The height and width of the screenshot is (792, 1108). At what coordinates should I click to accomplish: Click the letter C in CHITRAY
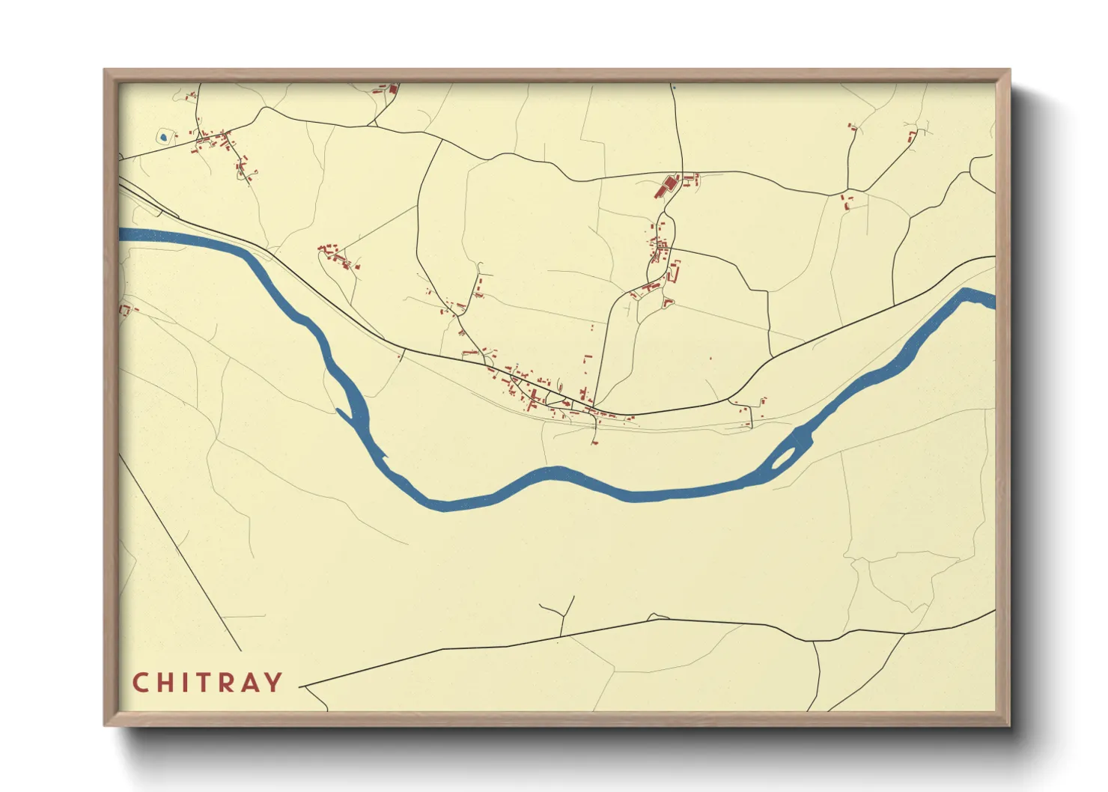click(x=141, y=683)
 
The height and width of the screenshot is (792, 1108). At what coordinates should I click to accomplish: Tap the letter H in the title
click(x=166, y=683)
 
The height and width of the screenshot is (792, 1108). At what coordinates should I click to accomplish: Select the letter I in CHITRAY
click(x=185, y=683)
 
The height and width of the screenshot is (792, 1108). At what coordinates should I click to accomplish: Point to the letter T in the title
click(x=204, y=683)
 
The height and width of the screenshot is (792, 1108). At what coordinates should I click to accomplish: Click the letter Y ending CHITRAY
click(x=273, y=683)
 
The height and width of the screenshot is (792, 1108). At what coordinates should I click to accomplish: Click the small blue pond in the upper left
click(x=163, y=138)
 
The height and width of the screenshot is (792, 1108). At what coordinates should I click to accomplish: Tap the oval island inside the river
click(x=785, y=457)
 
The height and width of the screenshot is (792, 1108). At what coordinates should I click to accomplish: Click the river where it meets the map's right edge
click(x=990, y=299)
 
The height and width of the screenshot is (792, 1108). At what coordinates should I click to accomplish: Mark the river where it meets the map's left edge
click(x=123, y=234)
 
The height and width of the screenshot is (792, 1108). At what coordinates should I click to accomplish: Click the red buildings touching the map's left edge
click(x=124, y=309)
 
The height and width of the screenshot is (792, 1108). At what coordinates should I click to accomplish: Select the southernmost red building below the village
click(x=594, y=442)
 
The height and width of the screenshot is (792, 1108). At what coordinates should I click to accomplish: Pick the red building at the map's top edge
click(x=392, y=89)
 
